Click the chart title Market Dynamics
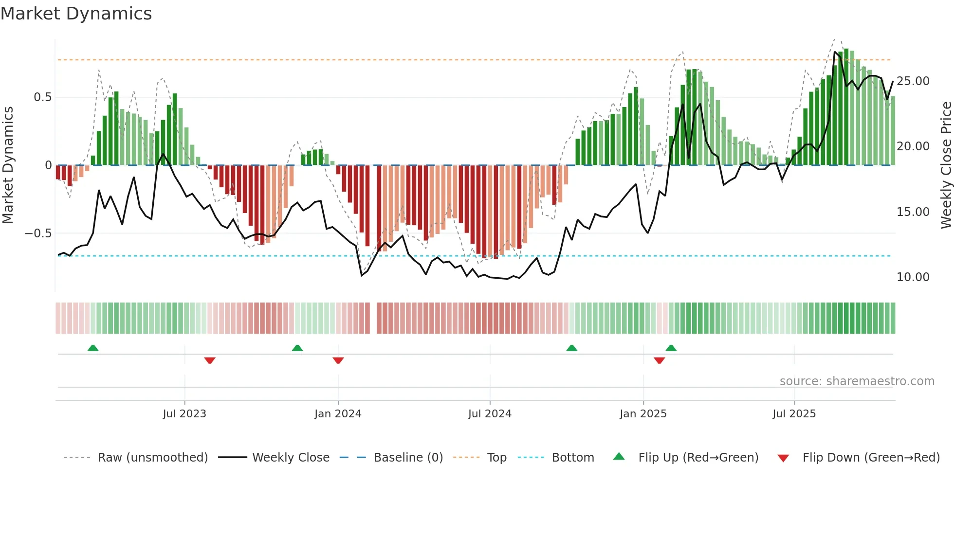click(x=76, y=14)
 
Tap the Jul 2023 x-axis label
click(x=184, y=414)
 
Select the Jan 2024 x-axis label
click(x=338, y=414)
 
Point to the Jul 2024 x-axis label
click(x=490, y=414)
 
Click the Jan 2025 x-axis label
click(x=643, y=414)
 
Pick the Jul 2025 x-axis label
click(x=794, y=414)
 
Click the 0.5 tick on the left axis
click(x=42, y=97)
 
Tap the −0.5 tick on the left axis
click(x=38, y=233)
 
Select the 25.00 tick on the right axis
click(x=913, y=81)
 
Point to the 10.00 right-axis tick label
click(x=913, y=277)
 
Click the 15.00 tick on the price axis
click(x=913, y=212)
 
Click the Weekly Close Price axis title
click(x=946, y=165)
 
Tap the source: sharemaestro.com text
click(x=857, y=381)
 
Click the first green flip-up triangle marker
click(x=93, y=348)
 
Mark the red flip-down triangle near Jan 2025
click(x=660, y=360)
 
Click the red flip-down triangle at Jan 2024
click(x=338, y=360)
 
